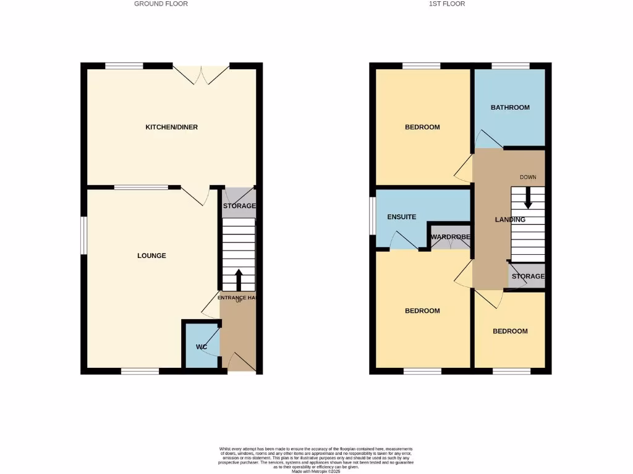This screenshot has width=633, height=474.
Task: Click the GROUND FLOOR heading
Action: point(161,4)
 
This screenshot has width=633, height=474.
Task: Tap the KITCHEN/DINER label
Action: point(171,127)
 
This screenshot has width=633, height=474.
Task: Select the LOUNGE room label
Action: point(151,256)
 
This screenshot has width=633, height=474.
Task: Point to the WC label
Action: point(201,347)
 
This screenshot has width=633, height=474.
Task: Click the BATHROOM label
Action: point(510,107)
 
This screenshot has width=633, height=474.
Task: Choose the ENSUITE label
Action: point(402,217)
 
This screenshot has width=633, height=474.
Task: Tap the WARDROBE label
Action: point(451,237)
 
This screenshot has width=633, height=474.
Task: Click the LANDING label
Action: point(510,220)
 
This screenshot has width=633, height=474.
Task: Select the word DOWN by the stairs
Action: point(528,177)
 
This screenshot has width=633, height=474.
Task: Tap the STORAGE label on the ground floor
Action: point(239,206)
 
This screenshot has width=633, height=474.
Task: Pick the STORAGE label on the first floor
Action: point(528,276)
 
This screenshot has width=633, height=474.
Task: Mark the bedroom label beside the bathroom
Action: point(422,127)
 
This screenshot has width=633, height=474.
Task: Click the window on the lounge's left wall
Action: point(85,235)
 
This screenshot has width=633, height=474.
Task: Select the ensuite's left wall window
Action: point(373,216)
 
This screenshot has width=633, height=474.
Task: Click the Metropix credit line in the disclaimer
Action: point(316,472)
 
